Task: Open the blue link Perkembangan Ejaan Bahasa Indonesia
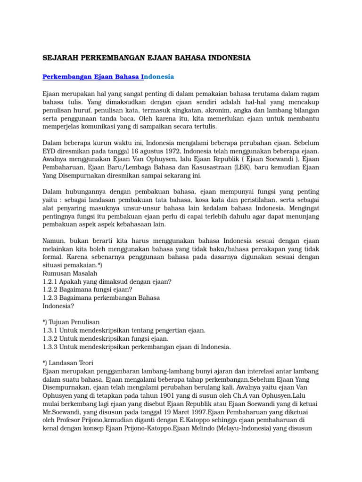click(x=108, y=76)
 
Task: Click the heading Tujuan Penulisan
click(x=74, y=322)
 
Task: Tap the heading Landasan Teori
click(x=71, y=363)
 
